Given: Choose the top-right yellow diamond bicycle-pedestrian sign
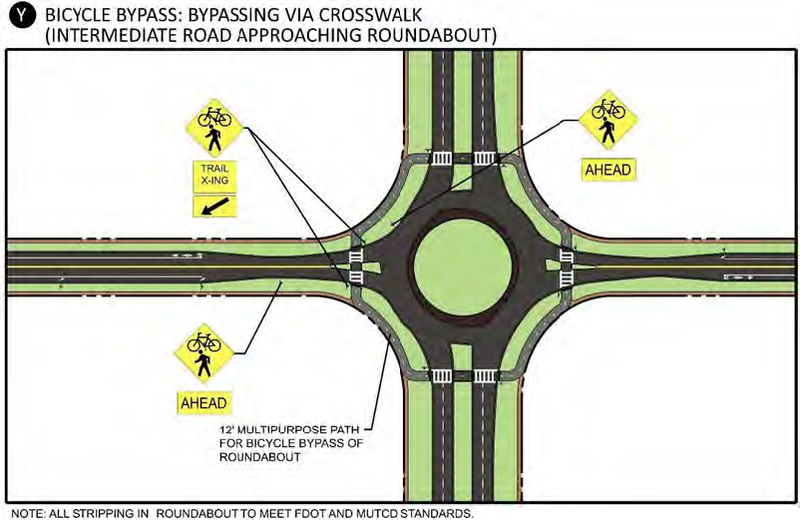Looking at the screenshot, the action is (607, 119).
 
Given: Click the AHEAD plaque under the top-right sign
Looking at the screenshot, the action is (607, 171).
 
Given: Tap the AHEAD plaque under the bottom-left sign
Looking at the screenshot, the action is (204, 403).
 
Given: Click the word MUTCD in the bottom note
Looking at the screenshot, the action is (383, 513).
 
